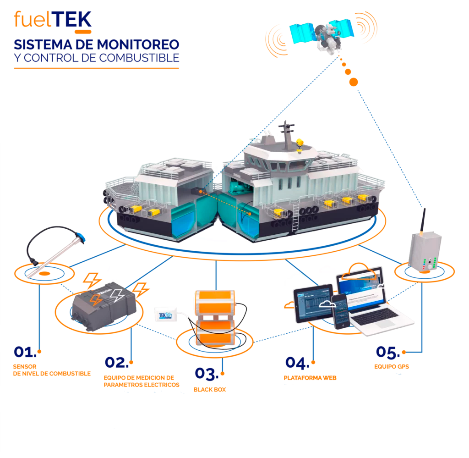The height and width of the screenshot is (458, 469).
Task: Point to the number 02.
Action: (115, 363)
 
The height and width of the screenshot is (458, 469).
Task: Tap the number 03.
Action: (205, 374)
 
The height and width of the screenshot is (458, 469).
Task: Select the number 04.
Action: (296, 363)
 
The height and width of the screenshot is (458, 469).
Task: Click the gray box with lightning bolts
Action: (103, 305)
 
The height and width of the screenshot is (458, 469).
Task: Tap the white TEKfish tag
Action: (168, 313)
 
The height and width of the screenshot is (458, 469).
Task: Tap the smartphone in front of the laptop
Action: (341, 311)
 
